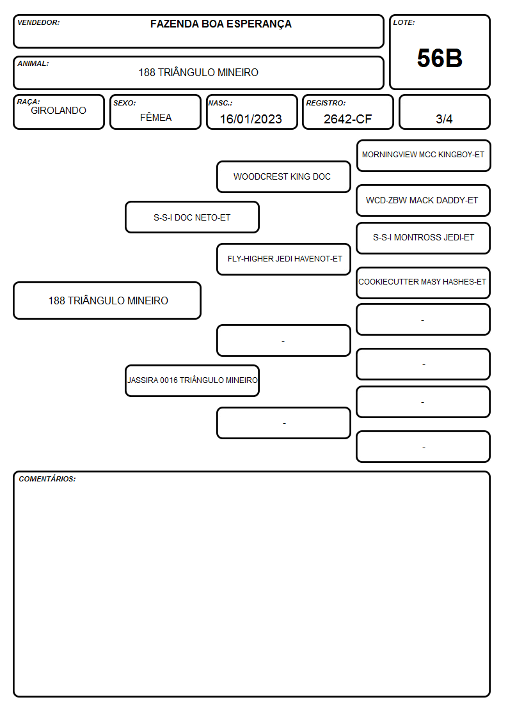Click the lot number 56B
point(440,58)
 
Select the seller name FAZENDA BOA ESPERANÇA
point(221,24)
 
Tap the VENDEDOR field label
point(38,22)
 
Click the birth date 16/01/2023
point(251,119)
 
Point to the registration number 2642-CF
point(347,119)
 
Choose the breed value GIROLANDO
point(58,111)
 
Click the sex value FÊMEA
point(155,117)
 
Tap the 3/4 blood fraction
point(444,119)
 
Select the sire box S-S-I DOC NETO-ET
point(192,217)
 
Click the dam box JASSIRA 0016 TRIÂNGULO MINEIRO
point(192,380)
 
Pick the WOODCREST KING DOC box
point(283,176)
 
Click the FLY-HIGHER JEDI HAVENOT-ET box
point(283,259)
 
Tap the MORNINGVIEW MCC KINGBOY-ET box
point(424,156)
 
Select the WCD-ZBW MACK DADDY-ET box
point(424,200)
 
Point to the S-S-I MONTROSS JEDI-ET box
point(424,238)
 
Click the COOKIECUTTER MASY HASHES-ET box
point(424,283)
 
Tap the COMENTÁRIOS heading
point(47,479)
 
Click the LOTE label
point(404,22)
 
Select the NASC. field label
point(220,103)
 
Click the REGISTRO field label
point(326,103)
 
